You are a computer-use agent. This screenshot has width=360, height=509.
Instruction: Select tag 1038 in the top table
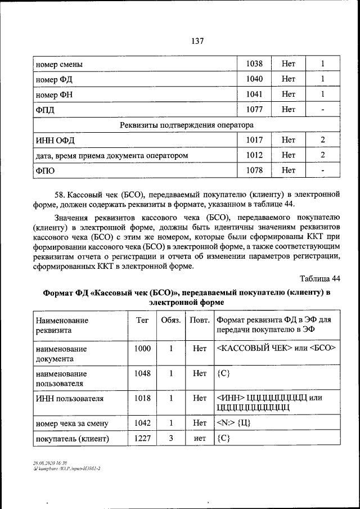pyautogui.click(x=255, y=65)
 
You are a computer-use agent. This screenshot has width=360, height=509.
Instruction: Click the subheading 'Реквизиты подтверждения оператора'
pyautogui.click(x=187, y=125)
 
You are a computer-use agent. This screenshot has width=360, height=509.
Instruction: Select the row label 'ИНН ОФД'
pyautogui.click(x=55, y=139)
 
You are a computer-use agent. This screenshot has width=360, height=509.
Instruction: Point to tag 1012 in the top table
pyautogui.click(x=255, y=155)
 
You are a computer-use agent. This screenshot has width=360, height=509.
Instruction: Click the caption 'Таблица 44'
pyautogui.click(x=320, y=279)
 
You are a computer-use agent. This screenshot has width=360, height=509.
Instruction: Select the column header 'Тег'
pyautogui.click(x=142, y=320)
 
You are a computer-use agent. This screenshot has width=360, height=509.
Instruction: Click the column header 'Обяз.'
pyautogui.click(x=171, y=320)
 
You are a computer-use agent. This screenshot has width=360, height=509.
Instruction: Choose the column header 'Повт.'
pyautogui.click(x=200, y=320)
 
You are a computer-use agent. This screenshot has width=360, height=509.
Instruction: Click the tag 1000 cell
pyautogui.click(x=142, y=349)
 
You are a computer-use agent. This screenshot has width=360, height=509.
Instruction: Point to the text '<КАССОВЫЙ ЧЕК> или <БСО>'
pyautogui.click(x=276, y=349)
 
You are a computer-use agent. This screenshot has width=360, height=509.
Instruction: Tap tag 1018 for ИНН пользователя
pyautogui.click(x=142, y=398)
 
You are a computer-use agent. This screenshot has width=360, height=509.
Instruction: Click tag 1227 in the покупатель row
pyautogui.click(x=142, y=439)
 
